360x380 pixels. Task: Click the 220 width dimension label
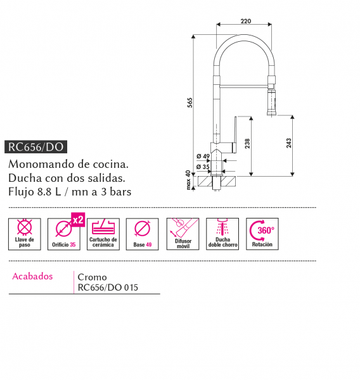click(x=245, y=22)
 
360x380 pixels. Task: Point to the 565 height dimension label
click(x=190, y=103)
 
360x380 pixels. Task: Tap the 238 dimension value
click(x=247, y=144)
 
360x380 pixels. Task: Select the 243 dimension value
click(x=288, y=143)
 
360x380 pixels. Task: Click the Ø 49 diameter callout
click(x=203, y=156)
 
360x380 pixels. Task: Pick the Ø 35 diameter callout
click(x=203, y=167)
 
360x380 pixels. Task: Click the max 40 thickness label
click(x=188, y=180)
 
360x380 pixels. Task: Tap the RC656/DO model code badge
click(x=36, y=147)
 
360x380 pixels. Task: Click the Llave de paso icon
click(x=25, y=234)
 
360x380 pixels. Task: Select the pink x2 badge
click(x=78, y=220)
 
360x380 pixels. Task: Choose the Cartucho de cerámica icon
click(x=103, y=234)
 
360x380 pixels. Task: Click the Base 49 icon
click(x=142, y=234)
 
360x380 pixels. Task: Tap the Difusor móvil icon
click(x=183, y=234)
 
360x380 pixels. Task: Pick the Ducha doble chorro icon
click(x=222, y=234)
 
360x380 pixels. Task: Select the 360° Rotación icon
click(x=262, y=234)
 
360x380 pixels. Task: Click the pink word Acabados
click(x=32, y=276)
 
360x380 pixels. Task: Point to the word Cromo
click(x=92, y=277)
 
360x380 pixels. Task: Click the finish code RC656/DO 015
click(x=108, y=288)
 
